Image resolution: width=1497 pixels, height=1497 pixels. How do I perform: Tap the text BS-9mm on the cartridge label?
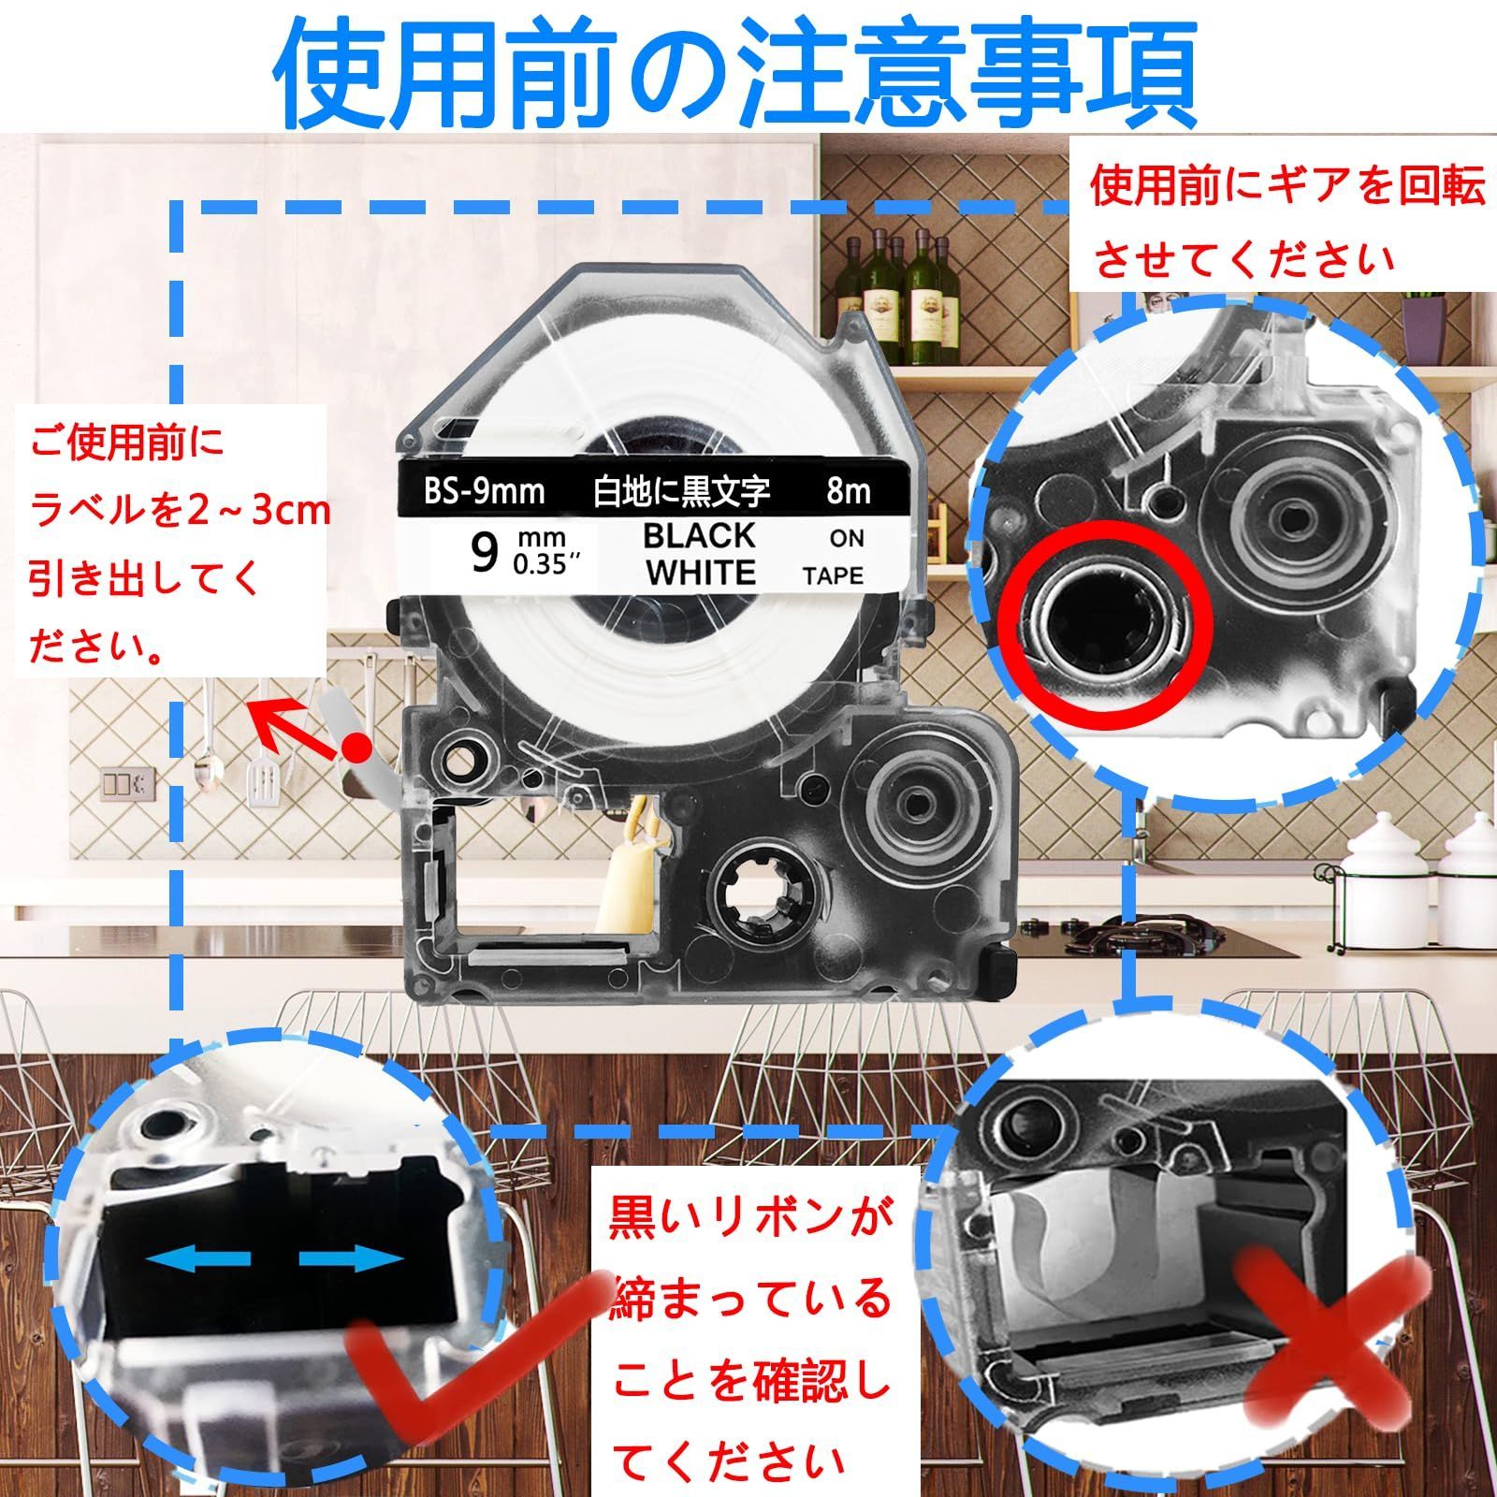point(485,490)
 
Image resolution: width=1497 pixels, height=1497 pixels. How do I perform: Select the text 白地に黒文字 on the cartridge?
point(682,491)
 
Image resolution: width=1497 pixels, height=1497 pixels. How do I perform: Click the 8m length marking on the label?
point(849,490)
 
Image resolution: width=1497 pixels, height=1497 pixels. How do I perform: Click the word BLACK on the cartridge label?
point(699,535)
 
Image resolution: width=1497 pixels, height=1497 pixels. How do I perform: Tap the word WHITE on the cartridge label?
point(701,573)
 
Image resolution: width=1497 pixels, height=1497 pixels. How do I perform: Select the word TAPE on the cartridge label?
point(833,576)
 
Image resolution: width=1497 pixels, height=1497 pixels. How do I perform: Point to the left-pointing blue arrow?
point(187,1261)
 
